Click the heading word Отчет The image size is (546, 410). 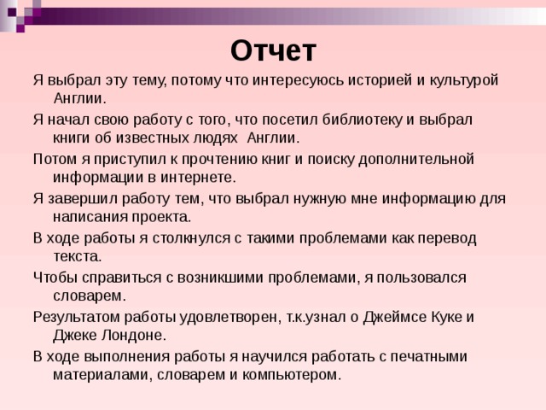(x=273, y=51)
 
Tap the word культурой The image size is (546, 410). (x=464, y=81)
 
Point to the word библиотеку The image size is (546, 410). (x=362, y=120)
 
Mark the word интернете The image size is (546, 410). (x=198, y=178)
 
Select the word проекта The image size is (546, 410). (x=161, y=218)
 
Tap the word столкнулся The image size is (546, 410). (x=191, y=238)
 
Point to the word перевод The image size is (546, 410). (x=447, y=239)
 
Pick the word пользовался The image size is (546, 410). (x=421, y=278)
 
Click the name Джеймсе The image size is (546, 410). (x=395, y=318)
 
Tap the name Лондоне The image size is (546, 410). (x=134, y=336)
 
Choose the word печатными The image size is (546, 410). (x=428, y=357)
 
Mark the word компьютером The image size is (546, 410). (x=292, y=375)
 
